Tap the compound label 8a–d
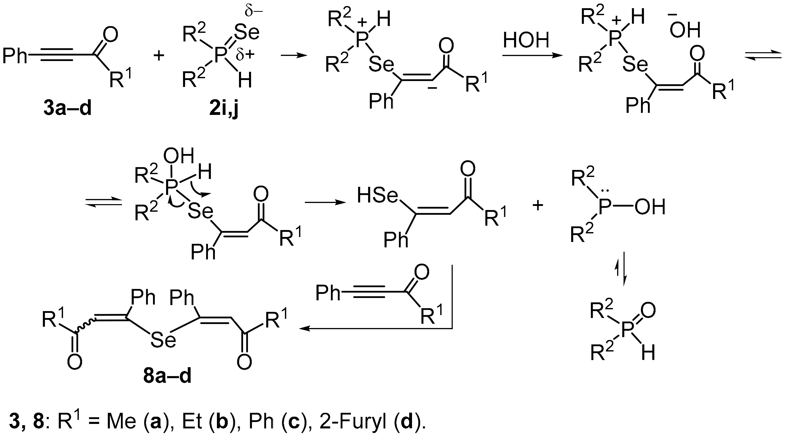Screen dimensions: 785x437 coord(167,376)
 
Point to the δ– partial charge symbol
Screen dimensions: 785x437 coord(254,12)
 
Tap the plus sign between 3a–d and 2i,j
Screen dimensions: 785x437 coord(159,56)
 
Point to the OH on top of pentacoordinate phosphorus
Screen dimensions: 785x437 coord(179,156)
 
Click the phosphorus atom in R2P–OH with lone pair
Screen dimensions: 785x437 coord(604,207)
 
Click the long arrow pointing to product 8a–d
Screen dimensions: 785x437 coord(375,328)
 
